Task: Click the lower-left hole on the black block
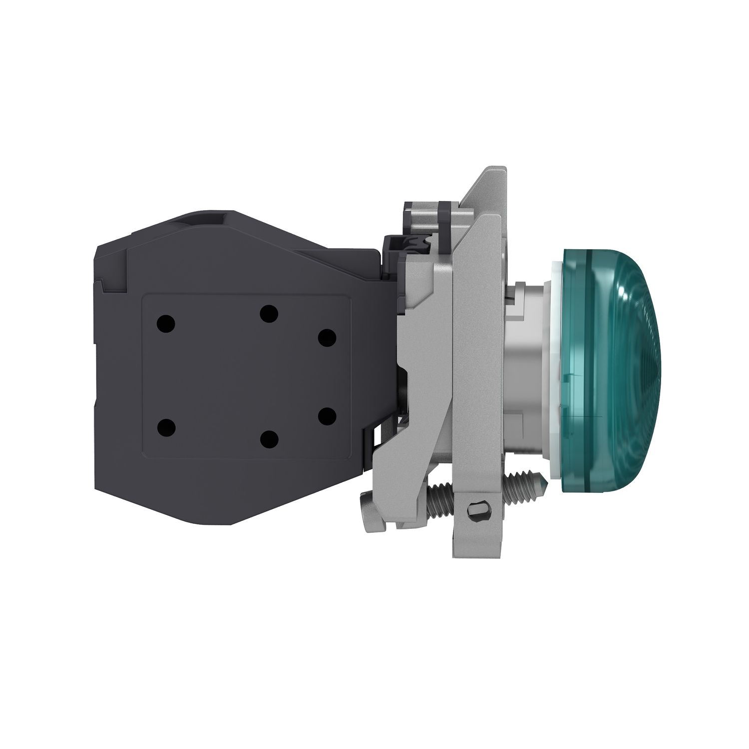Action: coord(166,427)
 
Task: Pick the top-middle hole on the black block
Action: coord(269,314)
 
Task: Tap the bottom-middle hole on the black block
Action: coord(269,439)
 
